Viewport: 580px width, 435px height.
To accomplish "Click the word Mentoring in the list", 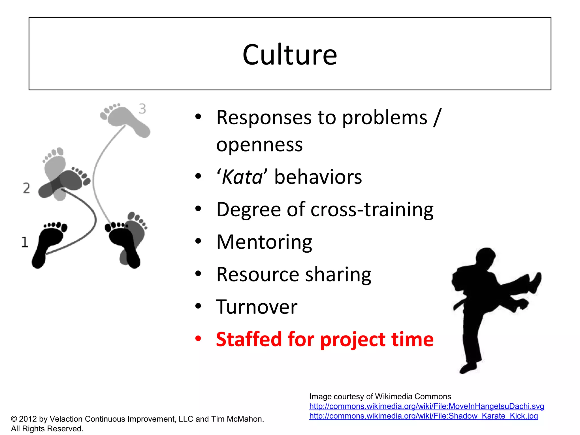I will tap(264, 242).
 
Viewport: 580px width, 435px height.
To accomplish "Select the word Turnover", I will tap(257, 307).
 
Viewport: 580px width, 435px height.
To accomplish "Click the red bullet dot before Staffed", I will tap(198, 338).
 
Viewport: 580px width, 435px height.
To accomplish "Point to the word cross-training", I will tap(372, 210).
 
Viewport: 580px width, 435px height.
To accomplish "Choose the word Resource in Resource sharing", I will tap(257, 274).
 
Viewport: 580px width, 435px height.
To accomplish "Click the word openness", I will tap(259, 145).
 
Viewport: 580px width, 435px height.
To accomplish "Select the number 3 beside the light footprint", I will tap(142, 109).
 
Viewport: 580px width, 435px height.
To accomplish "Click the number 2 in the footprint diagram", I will tap(26, 188).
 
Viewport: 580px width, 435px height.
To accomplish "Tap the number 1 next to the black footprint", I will tap(25, 242).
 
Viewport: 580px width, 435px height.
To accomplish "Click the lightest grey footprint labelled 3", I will tap(125, 119).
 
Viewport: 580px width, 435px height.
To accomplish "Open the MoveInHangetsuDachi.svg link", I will tap(427, 406).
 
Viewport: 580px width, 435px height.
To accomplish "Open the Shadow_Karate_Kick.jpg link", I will tap(423, 416).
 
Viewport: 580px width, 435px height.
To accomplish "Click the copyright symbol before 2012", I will tap(14, 419).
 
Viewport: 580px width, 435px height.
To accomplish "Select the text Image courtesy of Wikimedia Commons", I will tap(380, 396).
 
